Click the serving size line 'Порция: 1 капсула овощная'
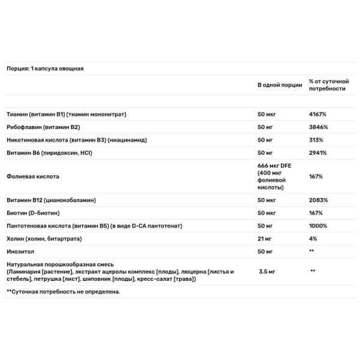[44, 68]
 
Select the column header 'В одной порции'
[280, 85]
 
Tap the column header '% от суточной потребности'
[327, 85]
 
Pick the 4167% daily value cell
[318, 114]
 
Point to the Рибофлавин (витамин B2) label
[43, 127]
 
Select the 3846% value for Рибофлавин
[319, 127]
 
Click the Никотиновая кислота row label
[77, 140]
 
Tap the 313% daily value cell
[316, 140]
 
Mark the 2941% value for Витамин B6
[318, 153]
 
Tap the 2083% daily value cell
[319, 200]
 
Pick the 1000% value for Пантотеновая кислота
[318, 226]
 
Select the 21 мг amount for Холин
[265, 238]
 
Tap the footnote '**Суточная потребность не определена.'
[63, 292]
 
